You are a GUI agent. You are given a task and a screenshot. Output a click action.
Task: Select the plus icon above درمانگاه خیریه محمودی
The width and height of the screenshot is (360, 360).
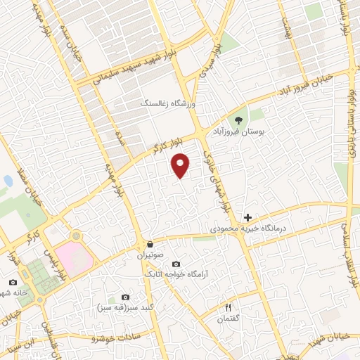coord(247,217)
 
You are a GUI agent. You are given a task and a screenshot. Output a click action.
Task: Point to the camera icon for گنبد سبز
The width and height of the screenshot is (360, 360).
coord(125,297)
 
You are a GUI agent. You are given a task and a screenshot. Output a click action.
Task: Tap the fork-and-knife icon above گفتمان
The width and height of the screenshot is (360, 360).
coord(227,307)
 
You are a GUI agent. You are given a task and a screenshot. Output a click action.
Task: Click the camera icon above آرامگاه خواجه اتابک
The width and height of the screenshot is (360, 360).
coord(175,263)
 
